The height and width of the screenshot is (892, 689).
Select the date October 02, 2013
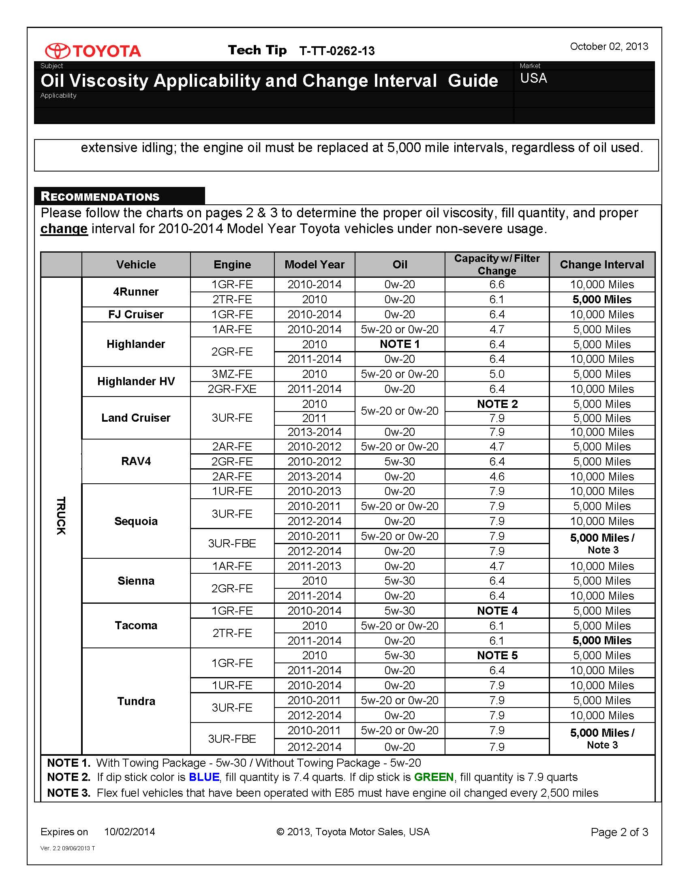click(609, 47)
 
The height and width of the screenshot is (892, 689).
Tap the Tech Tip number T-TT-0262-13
click(337, 51)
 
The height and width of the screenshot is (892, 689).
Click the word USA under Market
click(533, 78)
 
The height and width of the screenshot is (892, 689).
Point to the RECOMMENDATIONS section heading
click(100, 197)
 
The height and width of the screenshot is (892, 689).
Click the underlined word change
click(64, 229)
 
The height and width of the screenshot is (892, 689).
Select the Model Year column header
click(314, 265)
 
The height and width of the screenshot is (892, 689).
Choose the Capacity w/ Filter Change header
click(497, 265)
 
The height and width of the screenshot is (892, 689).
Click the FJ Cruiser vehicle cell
click(135, 315)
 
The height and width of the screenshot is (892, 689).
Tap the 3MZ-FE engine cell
click(232, 374)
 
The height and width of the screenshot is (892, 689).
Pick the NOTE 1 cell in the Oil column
click(400, 344)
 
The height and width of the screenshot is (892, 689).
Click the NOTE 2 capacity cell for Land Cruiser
click(497, 404)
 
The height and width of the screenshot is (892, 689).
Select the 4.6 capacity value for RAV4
click(497, 477)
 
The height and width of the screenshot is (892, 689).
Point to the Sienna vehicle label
click(136, 581)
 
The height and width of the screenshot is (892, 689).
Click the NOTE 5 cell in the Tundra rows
click(497, 656)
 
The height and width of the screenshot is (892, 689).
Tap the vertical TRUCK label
click(61, 515)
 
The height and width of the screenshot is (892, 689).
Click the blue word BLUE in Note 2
click(204, 777)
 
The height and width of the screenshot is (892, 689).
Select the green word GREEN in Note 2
click(434, 777)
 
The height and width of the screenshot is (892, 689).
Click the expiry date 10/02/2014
click(129, 832)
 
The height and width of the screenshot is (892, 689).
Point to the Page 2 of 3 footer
click(619, 832)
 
